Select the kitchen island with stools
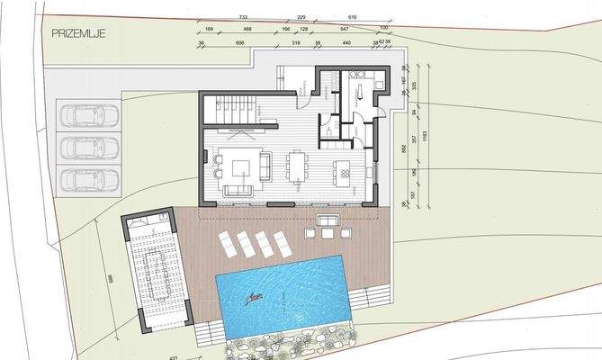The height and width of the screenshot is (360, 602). click(343, 169)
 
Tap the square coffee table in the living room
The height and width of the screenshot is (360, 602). click(241, 167)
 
